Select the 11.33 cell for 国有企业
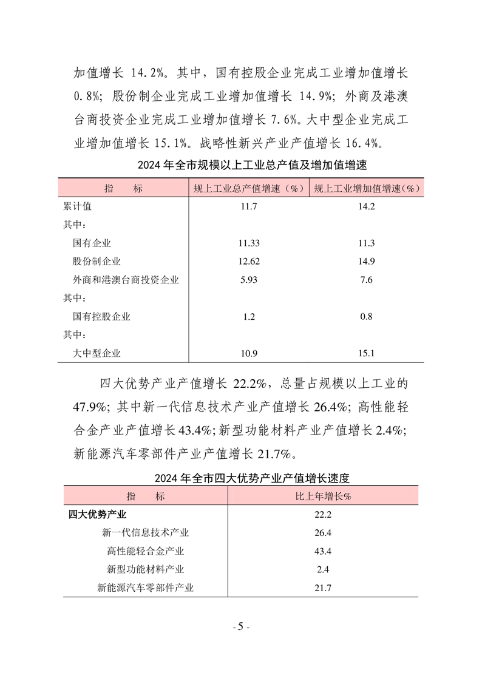(249, 243)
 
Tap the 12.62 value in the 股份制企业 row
(249, 262)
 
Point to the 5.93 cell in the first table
(249, 280)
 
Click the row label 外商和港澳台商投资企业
(126, 280)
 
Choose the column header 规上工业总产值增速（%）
(249, 188)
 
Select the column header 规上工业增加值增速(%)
(367, 188)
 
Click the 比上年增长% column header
(323, 496)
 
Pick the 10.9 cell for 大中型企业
(249, 353)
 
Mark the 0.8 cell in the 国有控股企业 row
(367, 316)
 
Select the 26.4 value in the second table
(323, 533)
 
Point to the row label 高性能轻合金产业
(146, 551)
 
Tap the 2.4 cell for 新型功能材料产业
(323, 569)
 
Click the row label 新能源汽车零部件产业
(146, 588)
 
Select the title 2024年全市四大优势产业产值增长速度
(240, 478)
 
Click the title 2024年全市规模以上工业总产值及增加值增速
(240, 164)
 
